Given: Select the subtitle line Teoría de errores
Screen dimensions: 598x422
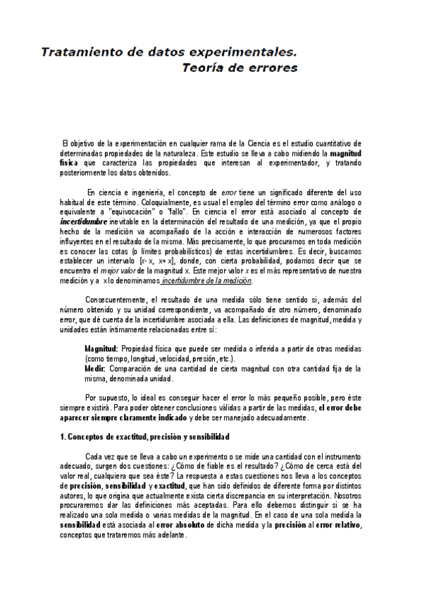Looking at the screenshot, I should (240, 68).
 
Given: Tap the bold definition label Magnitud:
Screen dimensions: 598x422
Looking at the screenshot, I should (101, 349).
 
